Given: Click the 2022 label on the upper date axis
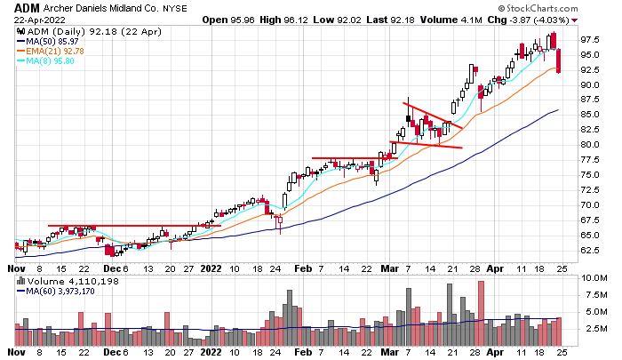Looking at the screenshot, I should click(211, 267).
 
